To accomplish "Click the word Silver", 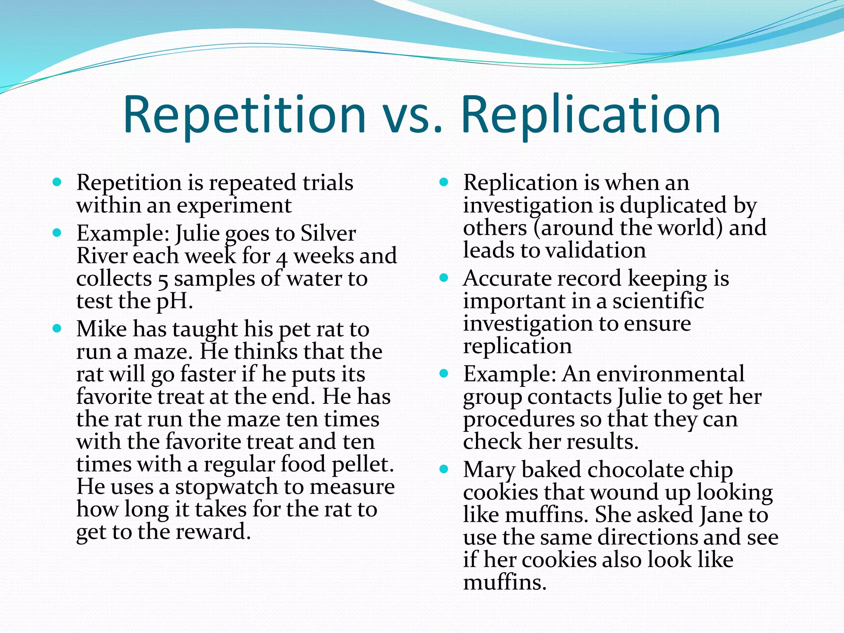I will click(328, 234).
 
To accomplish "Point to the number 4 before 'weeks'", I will click(281, 258).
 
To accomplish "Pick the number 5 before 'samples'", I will click(163, 280).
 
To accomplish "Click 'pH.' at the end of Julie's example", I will click(175, 301).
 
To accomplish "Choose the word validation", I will click(595, 251).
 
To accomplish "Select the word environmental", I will click(671, 374).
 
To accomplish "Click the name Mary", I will click(489, 470).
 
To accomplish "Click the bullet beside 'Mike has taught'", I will click(57, 328).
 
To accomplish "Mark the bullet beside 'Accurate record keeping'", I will click(444, 278).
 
